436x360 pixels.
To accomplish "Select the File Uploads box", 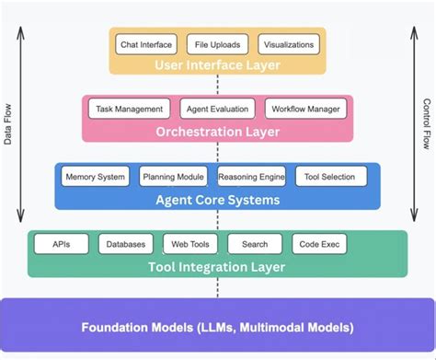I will [x=217, y=44].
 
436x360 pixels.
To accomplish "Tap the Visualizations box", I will [x=289, y=44].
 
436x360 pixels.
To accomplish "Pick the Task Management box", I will [x=130, y=110].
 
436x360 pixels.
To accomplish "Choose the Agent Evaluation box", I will [x=217, y=110].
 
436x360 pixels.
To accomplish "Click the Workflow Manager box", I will [x=305, y=110].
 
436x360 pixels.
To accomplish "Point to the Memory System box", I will [x=94, y=177].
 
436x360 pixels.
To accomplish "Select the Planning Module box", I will [x=174, y=177].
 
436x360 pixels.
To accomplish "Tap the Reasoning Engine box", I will [x=252, y=177].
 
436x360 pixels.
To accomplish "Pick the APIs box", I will [x=62, y=244].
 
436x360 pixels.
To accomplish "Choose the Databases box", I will [x=125, y=244].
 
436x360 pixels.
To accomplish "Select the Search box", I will [x=255, y=244].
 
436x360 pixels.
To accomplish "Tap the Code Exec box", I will [x=318, y=244].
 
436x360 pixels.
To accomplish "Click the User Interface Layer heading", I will [x=217, y=64].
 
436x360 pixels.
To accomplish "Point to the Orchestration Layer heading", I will [x=217, y=131].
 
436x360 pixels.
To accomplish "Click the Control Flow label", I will [x=426, y=123].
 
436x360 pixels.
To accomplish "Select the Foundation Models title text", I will [x=217, y=327].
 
